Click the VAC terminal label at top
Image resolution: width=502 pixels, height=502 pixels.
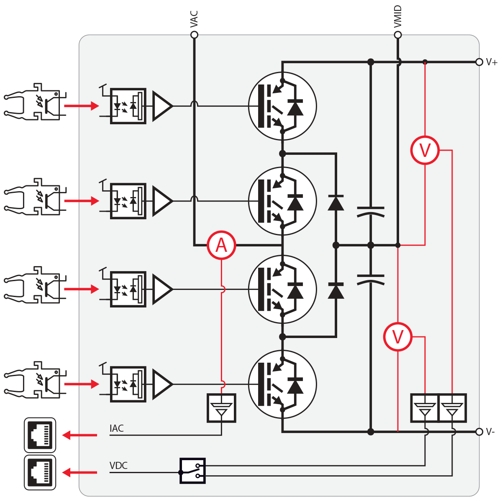194,19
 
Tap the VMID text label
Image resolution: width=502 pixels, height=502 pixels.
398,17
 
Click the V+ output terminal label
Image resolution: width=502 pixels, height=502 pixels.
492,62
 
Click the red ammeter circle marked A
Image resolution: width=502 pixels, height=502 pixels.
221,245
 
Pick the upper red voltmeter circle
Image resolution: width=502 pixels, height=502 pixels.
425,150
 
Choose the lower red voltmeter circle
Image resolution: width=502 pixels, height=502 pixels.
398,337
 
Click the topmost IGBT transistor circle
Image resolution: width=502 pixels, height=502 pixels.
282,106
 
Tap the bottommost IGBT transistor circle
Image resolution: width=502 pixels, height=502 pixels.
282,384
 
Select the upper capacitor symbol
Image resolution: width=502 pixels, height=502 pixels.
371,212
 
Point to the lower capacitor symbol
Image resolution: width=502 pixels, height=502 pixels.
371,279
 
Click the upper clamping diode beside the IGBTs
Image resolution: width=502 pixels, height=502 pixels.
336,203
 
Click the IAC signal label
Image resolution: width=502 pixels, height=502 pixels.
117,428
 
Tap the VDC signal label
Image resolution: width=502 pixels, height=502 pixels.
118,466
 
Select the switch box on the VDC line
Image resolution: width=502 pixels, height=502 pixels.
192,471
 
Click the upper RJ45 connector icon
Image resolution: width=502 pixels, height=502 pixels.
40,435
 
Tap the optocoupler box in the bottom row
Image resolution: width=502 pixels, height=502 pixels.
128,384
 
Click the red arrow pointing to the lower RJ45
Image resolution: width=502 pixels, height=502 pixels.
79,473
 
